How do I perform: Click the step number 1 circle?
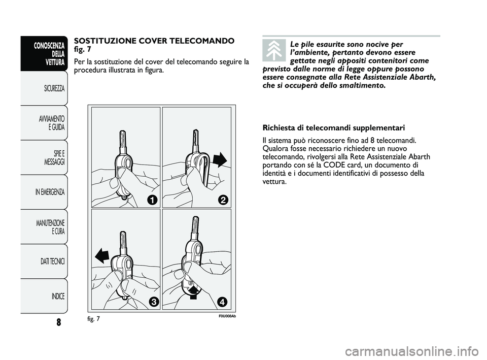point(151,200)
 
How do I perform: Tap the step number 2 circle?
point(222,200)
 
